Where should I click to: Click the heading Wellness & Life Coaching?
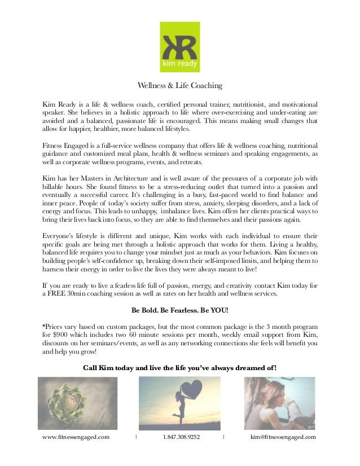point(180,86)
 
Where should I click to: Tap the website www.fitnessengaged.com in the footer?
point(76,437)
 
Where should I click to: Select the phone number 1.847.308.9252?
point(181,437)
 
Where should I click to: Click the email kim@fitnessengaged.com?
point(282,437)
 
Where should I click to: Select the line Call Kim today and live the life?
point(180,368)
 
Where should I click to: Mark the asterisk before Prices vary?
point(45,327)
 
